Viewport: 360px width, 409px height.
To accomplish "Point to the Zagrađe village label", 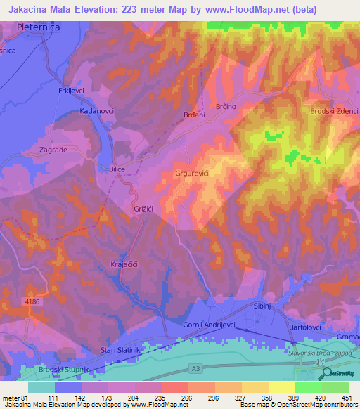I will [x=53, y=150].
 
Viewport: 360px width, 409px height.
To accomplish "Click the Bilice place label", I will [x=117, y=169].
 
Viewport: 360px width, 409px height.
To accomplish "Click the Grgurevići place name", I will [x=192, y=172].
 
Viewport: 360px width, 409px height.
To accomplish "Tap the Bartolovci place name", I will [x=310, y=328].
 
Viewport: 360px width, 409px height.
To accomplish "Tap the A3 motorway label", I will [x=195, y=366].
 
